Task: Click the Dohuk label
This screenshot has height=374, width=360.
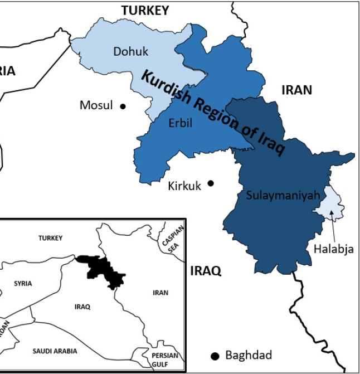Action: coord(131,52)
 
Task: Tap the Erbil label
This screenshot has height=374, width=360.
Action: coord(180,123)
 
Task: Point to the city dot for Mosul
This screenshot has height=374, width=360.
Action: coord(123,106)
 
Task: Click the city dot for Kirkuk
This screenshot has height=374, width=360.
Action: coord(211,183)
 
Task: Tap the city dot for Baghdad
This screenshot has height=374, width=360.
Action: coord(214,356)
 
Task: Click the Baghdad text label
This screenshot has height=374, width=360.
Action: coord(249,355)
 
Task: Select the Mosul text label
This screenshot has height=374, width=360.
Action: coord(96,105)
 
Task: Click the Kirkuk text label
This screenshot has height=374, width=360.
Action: coord(184,186)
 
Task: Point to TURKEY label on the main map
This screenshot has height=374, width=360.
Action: coord(145,9)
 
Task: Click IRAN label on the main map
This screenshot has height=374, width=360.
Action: coord(296,90)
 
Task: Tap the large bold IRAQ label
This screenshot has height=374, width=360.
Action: coord(206,271)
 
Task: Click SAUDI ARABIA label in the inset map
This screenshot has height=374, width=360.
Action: coord(55,351)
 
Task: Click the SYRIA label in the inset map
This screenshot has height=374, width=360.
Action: coord(23,283)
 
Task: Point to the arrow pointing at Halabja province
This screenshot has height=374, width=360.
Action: coord(333,226)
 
